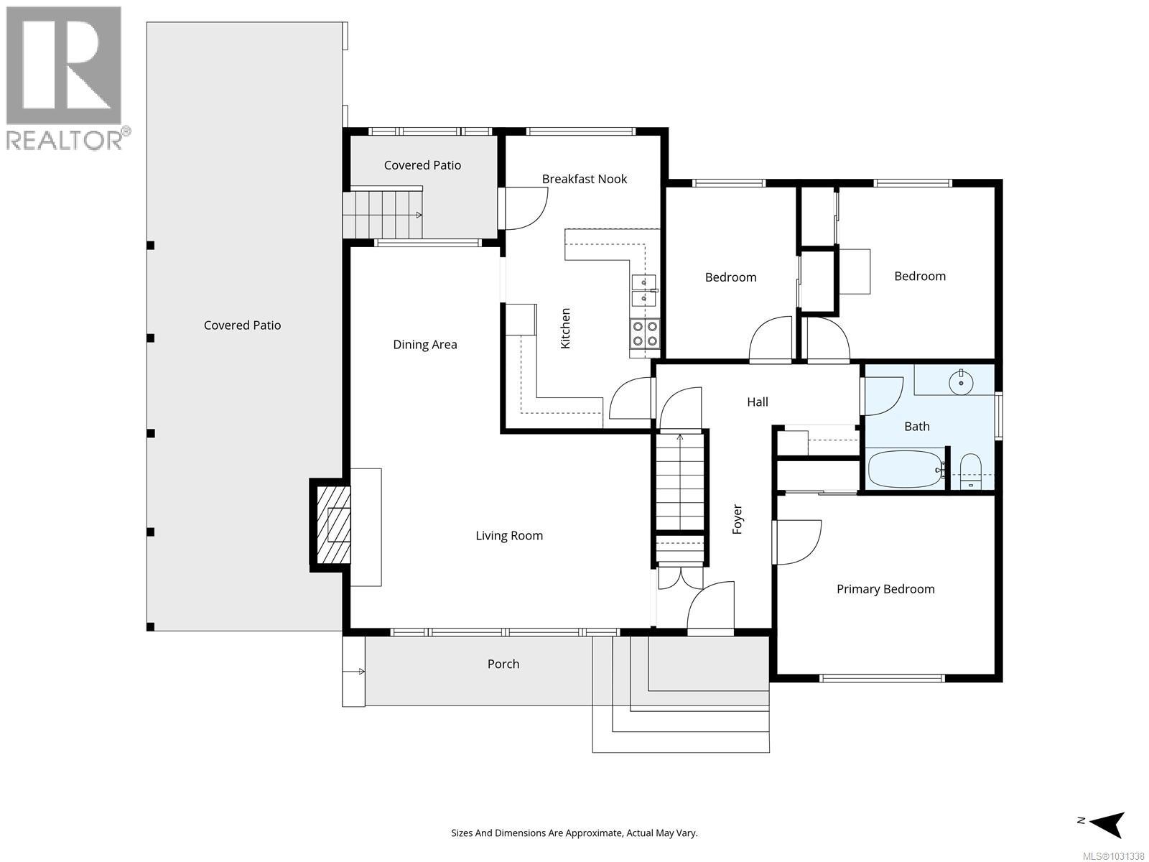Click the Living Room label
pos(508,535)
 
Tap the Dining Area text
pos(424,344)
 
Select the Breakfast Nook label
pos(584,179)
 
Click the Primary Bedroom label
pos(885,589)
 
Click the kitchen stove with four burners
pos(644,334)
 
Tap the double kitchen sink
pos(643,289)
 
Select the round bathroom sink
pos(960,381)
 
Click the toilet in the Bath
pos(970,471)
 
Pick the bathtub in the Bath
pos(905,469)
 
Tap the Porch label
pos(503,664)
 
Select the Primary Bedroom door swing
pos(797,542)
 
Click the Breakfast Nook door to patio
pos(525,208)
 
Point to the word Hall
pos(757,402)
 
